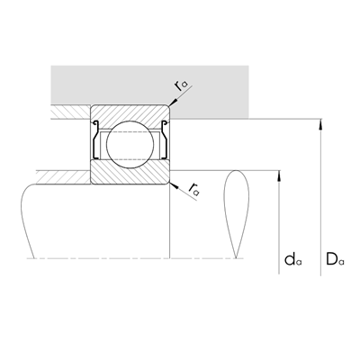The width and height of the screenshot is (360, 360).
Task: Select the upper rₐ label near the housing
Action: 184,85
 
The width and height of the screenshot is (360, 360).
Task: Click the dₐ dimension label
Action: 291,261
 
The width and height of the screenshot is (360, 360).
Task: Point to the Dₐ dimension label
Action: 335,261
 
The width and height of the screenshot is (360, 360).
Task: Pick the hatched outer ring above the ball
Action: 130,115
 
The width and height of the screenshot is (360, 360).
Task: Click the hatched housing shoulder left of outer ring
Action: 70,114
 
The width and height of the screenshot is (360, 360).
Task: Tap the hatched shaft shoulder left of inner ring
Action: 63,175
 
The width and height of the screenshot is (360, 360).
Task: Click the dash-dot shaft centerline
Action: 135,259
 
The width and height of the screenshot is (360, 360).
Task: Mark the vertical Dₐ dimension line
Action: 322,198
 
